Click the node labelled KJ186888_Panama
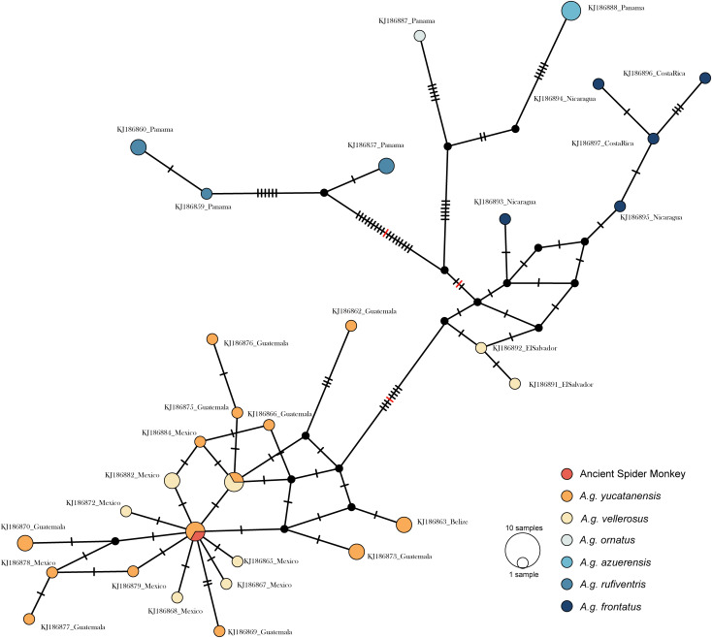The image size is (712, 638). [571, 10]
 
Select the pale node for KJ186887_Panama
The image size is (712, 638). [420, 36]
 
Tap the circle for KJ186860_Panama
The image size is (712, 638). [138, 147]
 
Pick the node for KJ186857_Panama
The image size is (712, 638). [387, 166]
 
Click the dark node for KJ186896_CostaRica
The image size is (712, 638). [599, 84]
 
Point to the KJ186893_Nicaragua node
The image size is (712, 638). [505, 220]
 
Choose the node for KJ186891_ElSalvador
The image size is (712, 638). [515, 383]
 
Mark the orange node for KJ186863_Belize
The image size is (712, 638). [404, 525]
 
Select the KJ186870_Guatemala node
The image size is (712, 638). [25, 542]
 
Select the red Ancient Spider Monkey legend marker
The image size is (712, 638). [566, 473]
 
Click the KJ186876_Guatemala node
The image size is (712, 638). [212, 338]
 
